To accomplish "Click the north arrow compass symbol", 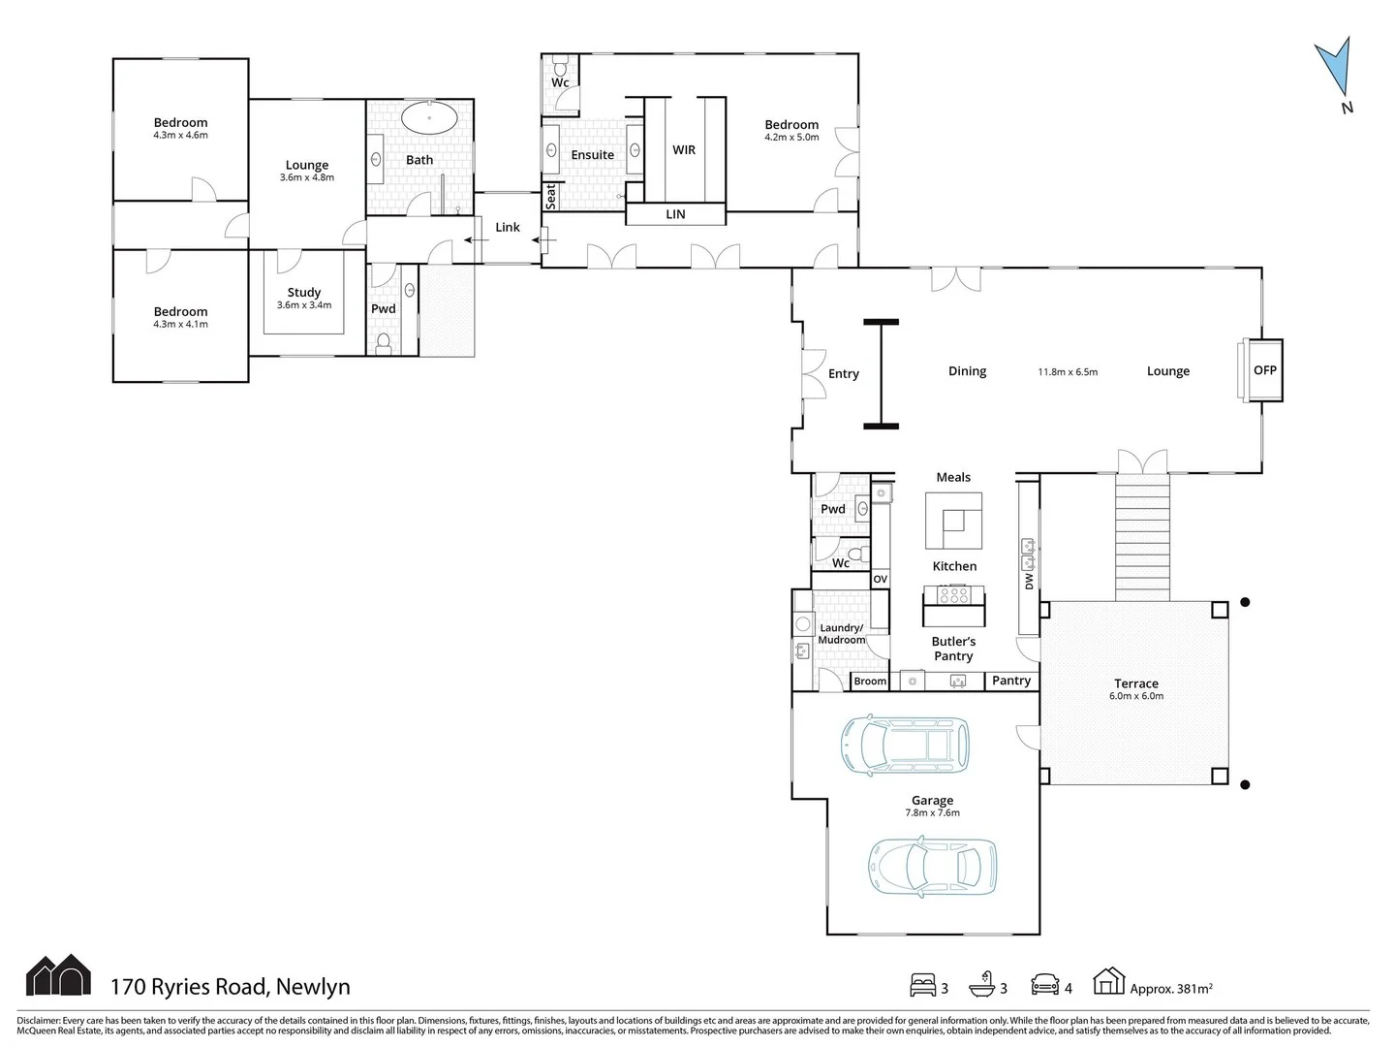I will click(x=1333, y=70).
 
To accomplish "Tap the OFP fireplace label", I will click(x=1264, y=370).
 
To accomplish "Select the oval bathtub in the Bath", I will click(x=429, y=118).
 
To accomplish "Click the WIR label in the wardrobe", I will click(x=684, y=150).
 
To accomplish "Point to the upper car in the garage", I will click(x=904, y=746).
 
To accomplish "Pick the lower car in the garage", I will click(x=932, y=866).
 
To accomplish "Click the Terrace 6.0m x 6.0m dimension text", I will click(x=1135, y=696).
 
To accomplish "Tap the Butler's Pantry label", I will click(x=953, y=649).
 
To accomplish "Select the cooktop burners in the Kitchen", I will click(x=954, y=595).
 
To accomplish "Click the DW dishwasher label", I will click(x=1029, y=581).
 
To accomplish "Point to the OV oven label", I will click(x=880, y=580).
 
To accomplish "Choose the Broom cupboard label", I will click(x=869, y=682).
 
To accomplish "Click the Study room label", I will click(x=304, y=292).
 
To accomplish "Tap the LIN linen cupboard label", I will click(x=675, y=214).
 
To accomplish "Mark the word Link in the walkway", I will click(x=508, y=228).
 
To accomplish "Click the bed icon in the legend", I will click(x=922, y=985).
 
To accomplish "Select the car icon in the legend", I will click(x=1044, y=985).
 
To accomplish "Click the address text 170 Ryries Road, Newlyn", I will click(x=230, y=987).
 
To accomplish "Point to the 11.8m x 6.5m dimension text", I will click(x=1068, y=372).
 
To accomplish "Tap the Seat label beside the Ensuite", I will click(x=550, y=197).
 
